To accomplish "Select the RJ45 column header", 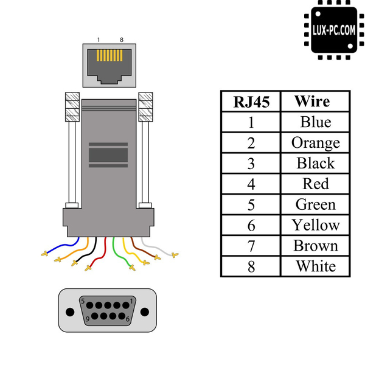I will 251,102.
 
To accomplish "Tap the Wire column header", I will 316,102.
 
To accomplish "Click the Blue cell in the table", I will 316,122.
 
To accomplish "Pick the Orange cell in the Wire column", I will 316,143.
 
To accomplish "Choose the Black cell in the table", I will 316,164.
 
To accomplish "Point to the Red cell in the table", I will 316,184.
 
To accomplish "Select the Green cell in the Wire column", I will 316,204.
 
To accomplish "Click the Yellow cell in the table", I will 316,225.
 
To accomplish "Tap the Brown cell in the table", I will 316,246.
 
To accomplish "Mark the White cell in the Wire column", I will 316,266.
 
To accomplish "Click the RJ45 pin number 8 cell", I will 251,266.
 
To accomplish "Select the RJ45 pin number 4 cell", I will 251,184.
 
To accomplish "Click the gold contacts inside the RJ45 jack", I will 110,57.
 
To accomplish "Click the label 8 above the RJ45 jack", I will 122,40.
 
